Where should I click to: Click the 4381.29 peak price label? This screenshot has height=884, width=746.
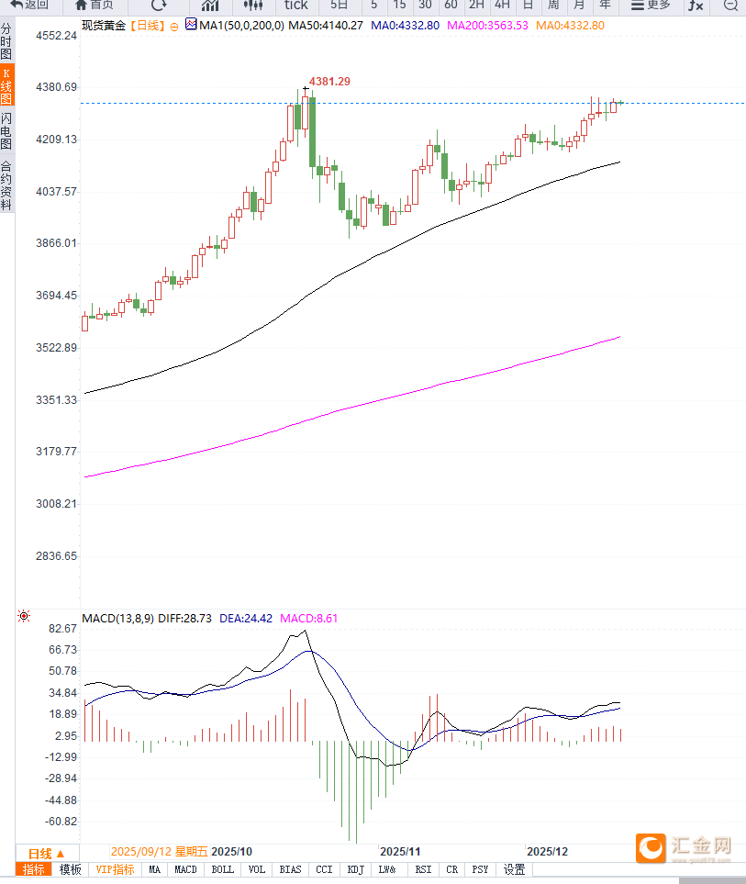[329, 82]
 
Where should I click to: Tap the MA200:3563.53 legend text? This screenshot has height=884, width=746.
[487, 25]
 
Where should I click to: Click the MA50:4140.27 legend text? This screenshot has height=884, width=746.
[327, 25]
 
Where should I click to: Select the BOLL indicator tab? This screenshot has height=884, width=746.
[222, 869]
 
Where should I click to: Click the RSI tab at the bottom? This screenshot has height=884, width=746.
[422, 869]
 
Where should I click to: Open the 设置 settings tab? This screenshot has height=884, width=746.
[514, 869]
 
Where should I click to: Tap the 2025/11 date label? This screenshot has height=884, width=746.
[399, 852]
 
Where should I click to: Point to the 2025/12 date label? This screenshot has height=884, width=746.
[548, 852]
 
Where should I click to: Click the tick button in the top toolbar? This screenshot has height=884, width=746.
[295, 6]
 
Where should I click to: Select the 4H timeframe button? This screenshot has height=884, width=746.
[502, 6]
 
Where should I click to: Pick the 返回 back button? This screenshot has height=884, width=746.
[30, 6]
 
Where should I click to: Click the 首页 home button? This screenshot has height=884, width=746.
[95, 6]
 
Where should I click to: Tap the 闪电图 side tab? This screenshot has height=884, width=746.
[6, 130]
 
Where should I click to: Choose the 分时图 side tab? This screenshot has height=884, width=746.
[6, 42]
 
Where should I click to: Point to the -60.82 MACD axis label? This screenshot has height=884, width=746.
[61, 822]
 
